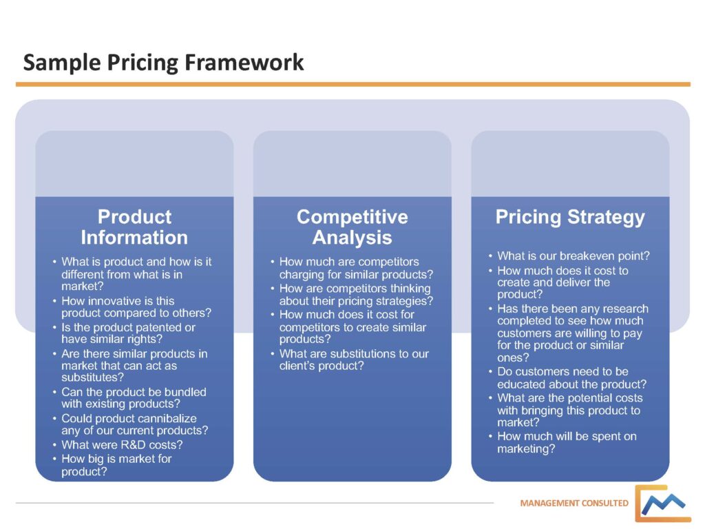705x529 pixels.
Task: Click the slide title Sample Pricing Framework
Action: tap(163, 63)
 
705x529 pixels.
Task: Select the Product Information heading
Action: tap(134, 227)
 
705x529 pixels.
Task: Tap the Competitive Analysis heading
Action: tap(352, 227)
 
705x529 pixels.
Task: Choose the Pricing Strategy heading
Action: tap(570, 218)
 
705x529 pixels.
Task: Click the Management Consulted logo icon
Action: tap(662, 504)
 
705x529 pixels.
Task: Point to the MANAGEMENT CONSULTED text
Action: tap(574, 503)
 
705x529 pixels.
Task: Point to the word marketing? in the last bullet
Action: tap(527, 449)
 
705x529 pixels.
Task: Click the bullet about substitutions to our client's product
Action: tap(353, 360)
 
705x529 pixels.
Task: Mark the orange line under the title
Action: tap(352, 84)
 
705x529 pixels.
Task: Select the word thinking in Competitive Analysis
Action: tap(406, 289)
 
